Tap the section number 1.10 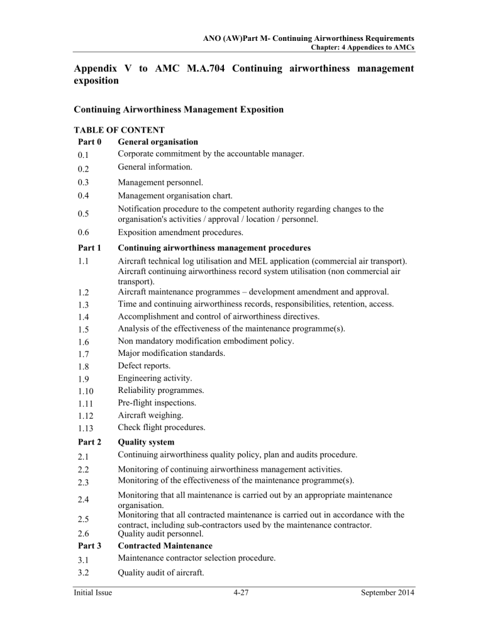(85, 390)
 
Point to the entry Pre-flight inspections (156, 402)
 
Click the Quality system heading (148, 442)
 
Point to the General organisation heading (157, 142)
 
